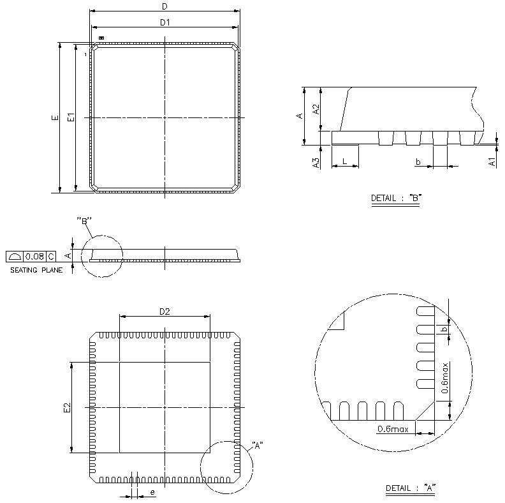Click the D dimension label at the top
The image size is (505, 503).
click(x=165, y=6)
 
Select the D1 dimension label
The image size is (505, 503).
click(x=165, y=22)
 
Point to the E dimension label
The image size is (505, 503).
click(x=55, y=117)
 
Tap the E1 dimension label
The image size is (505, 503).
click(x=71, y=117)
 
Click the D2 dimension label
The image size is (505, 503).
click(x=165, y=312)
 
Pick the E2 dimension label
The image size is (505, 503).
click(x=67, y=407)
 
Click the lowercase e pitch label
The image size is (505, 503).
click(x=152, y=492)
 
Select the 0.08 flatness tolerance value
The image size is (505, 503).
click(x=34, y=257)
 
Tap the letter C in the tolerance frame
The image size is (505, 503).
click(x=51, y=257)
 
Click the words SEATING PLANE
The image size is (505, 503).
click(x=36, y=270)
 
